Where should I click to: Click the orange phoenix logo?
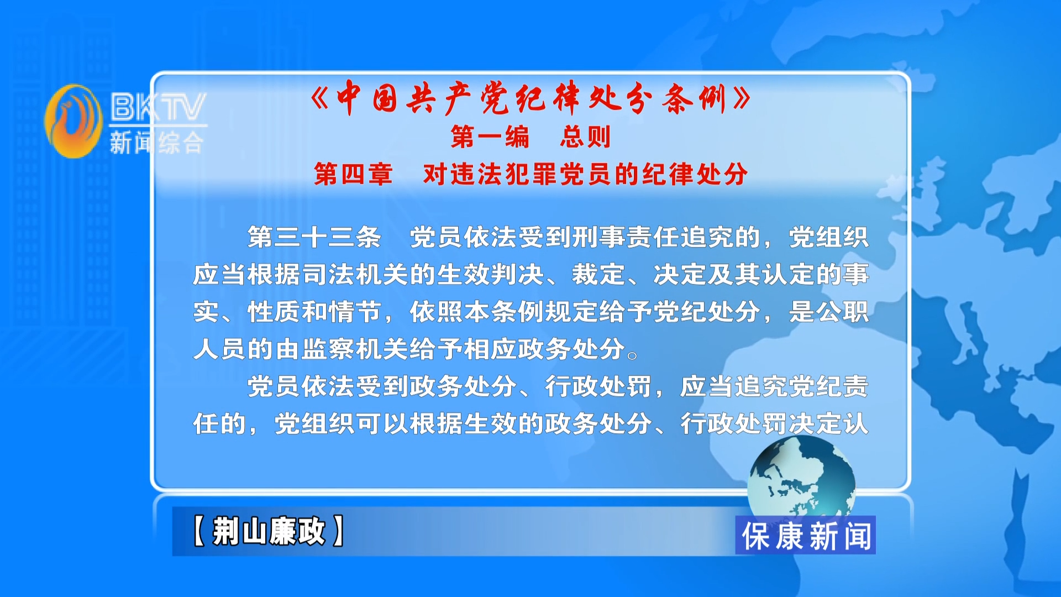tap(73, 121)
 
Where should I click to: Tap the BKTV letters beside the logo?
tap(158, 107)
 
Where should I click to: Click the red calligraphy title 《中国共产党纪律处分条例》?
tap(530, 98)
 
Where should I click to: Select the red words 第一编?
tap(490, 137)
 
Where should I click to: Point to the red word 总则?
tap(585, 137)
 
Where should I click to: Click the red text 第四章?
tap(353, 174)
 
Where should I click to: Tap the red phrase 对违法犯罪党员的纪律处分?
tap(585, 174)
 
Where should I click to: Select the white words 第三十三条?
tap(314, 237)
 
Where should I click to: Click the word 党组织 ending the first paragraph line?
tap(828, 237)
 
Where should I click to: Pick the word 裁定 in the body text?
tap(598, 275)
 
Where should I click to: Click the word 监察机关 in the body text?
tap(355, 349)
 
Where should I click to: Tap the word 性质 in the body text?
tap(274, 312)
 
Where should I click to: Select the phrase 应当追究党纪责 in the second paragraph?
tap(774, 386)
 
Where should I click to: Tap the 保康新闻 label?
tap(806, 536)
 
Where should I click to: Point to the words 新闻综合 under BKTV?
tap(157, 143)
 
